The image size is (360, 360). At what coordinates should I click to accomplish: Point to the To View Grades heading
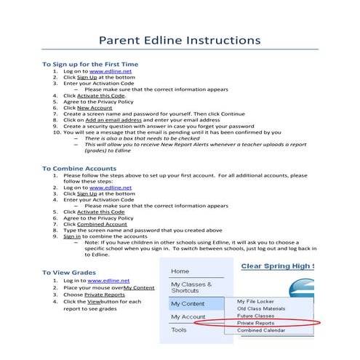[x=73, y=273]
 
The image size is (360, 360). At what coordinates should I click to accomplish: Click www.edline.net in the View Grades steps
[x=108, y=280]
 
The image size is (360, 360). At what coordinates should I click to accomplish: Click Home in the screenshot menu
[x=180, y=271]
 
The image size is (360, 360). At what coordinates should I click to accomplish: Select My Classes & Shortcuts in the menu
[x=191, y=287]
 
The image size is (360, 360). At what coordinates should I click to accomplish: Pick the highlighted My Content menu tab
[x=188, y=303]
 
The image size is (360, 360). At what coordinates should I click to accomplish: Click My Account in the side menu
[x=188, y=317]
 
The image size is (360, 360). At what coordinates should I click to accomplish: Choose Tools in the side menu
[x=179, y=329]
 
